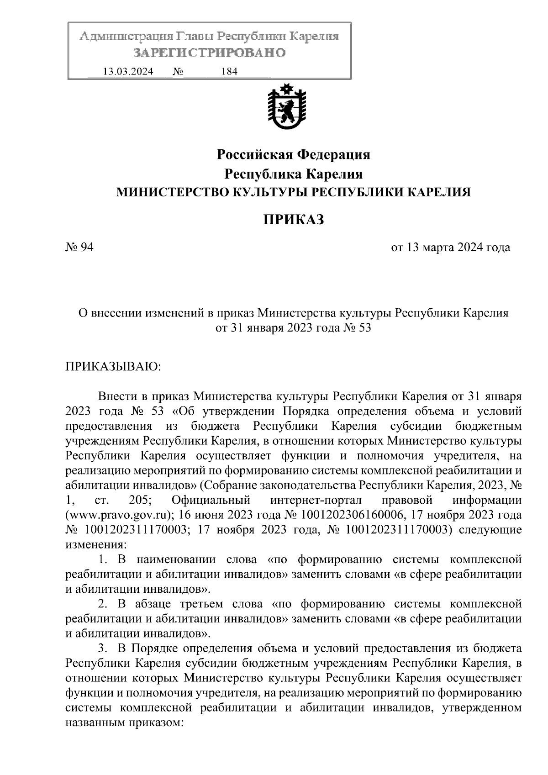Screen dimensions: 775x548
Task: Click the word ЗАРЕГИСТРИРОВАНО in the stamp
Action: click(210, 53)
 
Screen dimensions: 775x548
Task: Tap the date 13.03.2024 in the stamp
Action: click(128, 72)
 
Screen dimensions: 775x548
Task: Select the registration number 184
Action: click(229, 72)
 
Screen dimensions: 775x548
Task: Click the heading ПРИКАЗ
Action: click(293, 220)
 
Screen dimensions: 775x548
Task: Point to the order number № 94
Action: click(80, 248)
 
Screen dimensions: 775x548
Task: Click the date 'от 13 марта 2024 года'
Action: click(451, 248)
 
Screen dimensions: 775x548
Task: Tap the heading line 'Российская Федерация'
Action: click(293, 155)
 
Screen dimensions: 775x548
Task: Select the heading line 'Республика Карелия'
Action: click(293, 174)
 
